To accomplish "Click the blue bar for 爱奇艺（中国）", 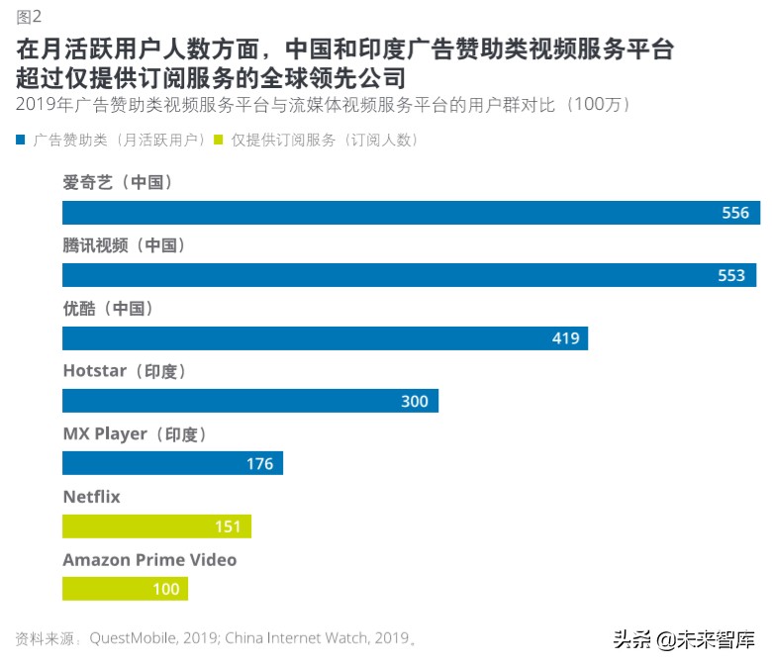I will [396, 213].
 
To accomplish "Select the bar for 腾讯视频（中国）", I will [396, 275].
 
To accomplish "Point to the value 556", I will [735, 213].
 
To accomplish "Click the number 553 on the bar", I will [731, 275].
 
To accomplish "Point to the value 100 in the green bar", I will [166, 589].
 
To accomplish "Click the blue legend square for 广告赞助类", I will [21, 141].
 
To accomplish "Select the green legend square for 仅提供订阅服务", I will [221, 141].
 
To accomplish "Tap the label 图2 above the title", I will [29, 16].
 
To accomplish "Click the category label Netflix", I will [91, 497].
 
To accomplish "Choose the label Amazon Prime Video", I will [149, 560].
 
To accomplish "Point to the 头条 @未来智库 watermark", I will [682, 639].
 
